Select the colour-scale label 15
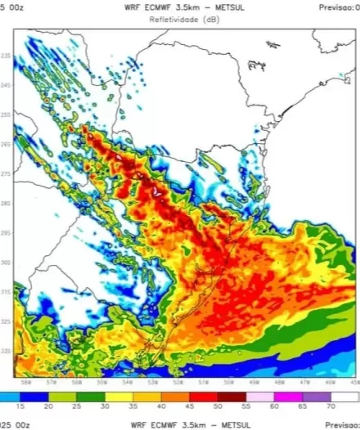[x=20, y=406]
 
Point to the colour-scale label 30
[x=105, y=406]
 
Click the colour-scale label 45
[x=190, y=406]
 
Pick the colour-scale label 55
[x=245, y=406]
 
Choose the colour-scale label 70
[x=331, y=406]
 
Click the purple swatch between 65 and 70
[x=317, y=396]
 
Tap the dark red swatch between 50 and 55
[x=232, y=396]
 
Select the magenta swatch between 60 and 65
[x=288, y=396]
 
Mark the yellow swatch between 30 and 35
[x=119, y=396]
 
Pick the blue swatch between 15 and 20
[x=34, y=396]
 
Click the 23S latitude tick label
[x=7, y=56]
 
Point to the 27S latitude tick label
[x=7, y=175]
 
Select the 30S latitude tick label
[x=7, y=262]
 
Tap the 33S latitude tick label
[x=7, y=352]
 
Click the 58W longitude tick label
[x=26, y=382]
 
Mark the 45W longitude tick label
[x=354, y=382]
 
